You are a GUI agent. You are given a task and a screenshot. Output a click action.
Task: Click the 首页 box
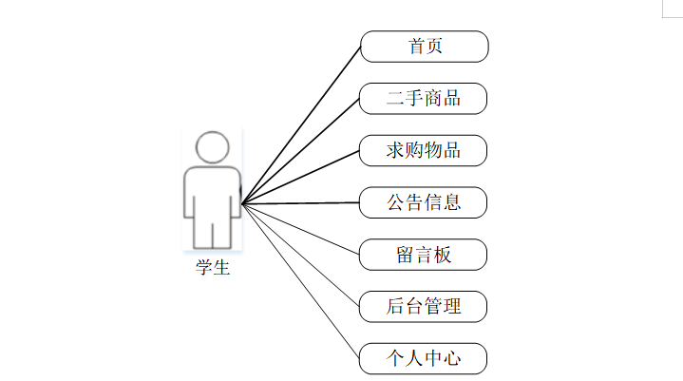pos(424,46)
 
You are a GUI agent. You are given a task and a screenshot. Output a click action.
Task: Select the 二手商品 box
pos(424,98)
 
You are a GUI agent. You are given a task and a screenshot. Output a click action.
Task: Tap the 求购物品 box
pos(424,150)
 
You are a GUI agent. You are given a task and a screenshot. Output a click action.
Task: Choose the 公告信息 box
pos(424,202)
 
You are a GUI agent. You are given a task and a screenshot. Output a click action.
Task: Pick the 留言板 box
pos(424,255)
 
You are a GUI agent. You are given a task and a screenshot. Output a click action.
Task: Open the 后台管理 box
pos(424,307)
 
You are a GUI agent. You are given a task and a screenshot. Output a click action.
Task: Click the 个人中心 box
pos(424,359)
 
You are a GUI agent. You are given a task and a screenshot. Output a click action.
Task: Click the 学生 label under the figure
pos(213,268)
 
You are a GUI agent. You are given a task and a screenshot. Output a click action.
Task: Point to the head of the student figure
pos(213,147)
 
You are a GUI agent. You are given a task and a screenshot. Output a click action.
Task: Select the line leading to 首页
pos(301,124)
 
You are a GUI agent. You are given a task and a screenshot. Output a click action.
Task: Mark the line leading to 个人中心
pos(301,281)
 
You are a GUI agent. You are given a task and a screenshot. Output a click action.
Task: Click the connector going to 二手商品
pos(301,150)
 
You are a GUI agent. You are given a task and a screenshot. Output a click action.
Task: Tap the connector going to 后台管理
pos(301,255)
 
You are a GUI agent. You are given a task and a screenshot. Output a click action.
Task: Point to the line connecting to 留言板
pos(301,229)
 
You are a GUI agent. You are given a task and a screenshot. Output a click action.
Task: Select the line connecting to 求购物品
pos(301,177)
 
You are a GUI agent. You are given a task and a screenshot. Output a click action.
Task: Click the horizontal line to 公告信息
pos(301,202)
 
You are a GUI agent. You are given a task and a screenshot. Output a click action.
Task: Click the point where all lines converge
pos(242,203)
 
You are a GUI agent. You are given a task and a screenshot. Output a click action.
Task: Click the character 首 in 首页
pos(415,46)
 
